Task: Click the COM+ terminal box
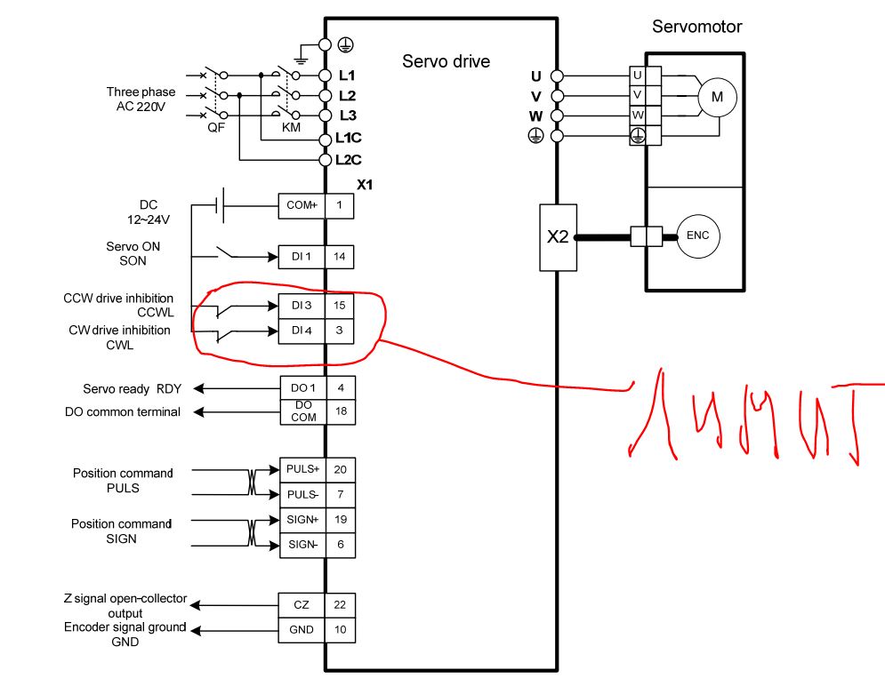pos(302,205)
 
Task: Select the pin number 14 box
pos(340,257)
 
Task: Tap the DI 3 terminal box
pos(302,306)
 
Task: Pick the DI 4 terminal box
pos(302,331)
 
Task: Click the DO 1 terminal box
pos(302,388)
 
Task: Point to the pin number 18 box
pos(340,412)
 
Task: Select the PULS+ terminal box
pos(302,468)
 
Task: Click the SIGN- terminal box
pos(302,545)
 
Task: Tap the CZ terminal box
pos(302,605)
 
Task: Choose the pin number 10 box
pos(340,630)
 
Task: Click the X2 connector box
pos(558,237)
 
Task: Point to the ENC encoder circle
pos(697,235)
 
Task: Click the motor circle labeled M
pos(716,97)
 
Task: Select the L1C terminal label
pos(349,139)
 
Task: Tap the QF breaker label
pos(215,128)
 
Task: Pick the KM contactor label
pos(291,128)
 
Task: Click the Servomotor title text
pos(696,27)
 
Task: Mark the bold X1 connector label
pos(365,186)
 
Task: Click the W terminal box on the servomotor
pos(638,116)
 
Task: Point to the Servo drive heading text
pos(446,61)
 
